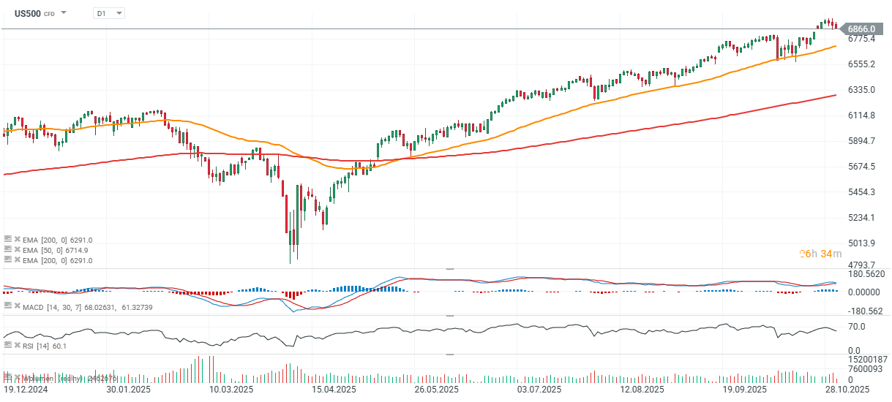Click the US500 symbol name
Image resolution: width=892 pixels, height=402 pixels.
27,13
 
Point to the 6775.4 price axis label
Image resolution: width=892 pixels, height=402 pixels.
862,39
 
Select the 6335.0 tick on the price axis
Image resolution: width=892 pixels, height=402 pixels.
862,90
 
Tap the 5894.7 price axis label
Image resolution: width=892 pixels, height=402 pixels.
862,141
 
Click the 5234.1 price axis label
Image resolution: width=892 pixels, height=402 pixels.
862,218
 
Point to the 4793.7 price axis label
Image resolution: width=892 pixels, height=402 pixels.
862,265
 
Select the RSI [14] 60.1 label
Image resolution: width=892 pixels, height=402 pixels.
45,346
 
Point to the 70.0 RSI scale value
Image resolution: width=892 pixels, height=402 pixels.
858,326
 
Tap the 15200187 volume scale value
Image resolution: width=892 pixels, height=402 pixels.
867,360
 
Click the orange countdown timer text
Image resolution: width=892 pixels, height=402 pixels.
816,254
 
